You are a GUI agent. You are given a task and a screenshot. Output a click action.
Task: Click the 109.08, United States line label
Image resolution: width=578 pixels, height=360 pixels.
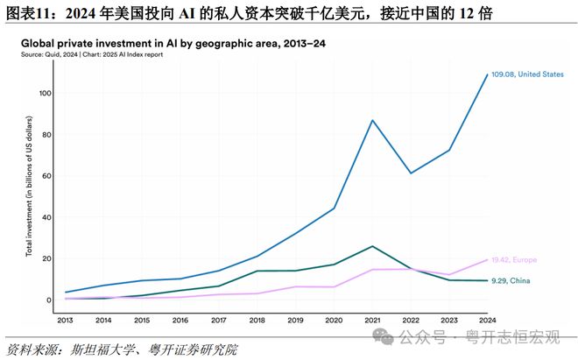tap(528, 74)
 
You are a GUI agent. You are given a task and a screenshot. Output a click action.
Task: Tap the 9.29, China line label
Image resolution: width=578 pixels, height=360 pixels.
tap(512, 280)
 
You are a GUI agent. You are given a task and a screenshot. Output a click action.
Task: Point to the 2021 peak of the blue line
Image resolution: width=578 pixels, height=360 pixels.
tap(374, 120)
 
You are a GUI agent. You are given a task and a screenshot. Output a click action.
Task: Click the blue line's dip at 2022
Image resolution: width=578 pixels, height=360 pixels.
tap(411, 173)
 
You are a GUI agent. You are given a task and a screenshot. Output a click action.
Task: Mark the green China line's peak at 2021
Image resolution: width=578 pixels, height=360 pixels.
tap(374, 246)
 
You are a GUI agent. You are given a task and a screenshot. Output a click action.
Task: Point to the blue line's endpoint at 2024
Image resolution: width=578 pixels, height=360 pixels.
tap(488, 74)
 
